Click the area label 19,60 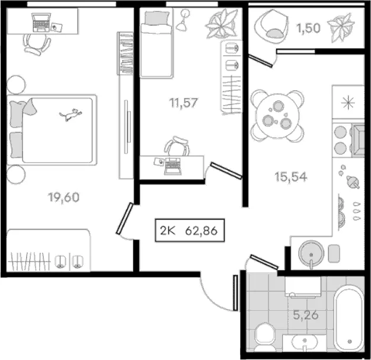click(x=63, y=197)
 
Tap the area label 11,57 click(x=183, y=103)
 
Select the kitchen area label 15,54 click(x=291, y=177)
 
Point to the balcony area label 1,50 click(x=308, y=28)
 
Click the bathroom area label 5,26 click(x=306, y=315)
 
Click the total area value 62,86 click(x=201, y=231)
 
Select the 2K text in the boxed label click(x=168, y=231)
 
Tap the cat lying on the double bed click(x=71, y=114)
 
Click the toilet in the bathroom click(x=265, y=337)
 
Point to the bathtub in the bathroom click(x=349, y=319)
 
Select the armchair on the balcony click(x=271, y=27)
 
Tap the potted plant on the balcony click(x=341, y=28)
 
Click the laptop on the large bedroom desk click(x=41, y=23)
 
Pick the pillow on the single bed click(x=157, y=18)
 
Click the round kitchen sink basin click(x=311, y=253)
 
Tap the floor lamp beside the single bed click(x=183, y=20)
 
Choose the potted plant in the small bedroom click(x=221, y=24)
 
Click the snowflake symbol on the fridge click(x=348, y=103)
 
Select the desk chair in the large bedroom click(x=37, y=44)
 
